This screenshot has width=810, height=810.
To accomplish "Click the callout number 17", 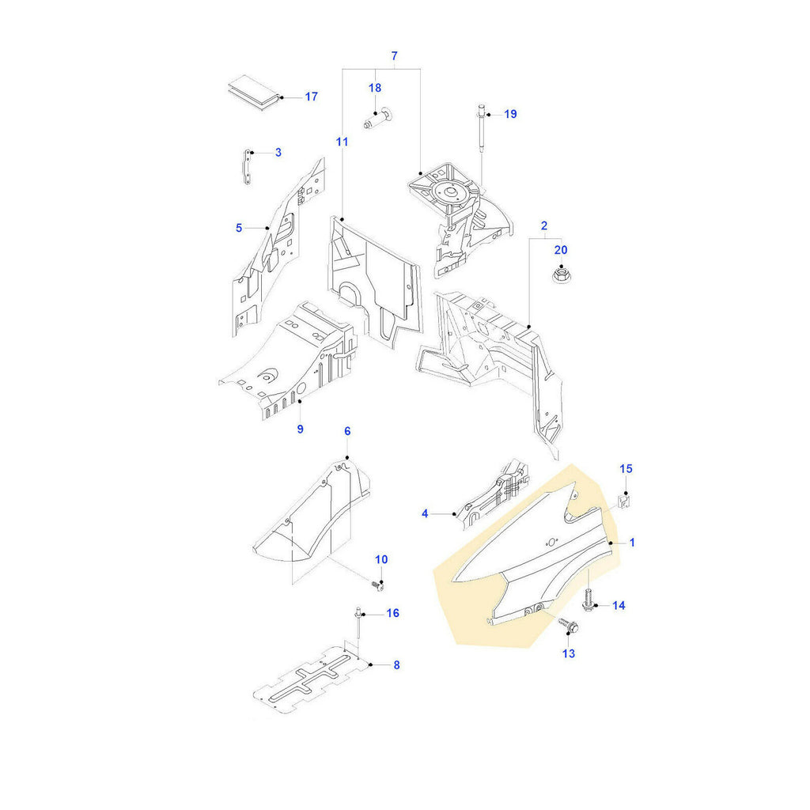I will pos(311,97).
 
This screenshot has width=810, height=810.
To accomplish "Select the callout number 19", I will pos(510,114).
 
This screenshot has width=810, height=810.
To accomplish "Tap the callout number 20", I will pos(561,249).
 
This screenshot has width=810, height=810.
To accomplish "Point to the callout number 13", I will pos(569,653).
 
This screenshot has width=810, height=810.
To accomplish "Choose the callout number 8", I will pos(396,664).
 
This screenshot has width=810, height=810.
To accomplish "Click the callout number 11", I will pos(342,142).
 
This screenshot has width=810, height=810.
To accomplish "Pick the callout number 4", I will pos(425,513).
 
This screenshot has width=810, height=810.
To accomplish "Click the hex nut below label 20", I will pos(560,276).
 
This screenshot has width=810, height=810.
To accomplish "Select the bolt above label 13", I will pos(567,625).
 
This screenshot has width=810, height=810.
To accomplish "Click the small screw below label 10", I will pos(377,585).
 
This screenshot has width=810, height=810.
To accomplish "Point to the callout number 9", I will pos(300,429).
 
